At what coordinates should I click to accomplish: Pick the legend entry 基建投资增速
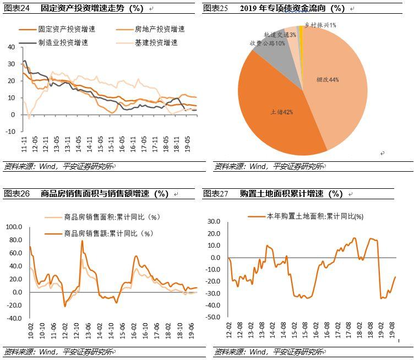(x=156, y=42)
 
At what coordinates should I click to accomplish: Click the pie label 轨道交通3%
(x=280, y=34)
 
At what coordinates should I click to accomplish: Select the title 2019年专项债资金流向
(x=292, y=8)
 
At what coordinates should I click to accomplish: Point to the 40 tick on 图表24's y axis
(x=12, y=47)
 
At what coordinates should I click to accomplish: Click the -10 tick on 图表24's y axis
(x=10, y=132)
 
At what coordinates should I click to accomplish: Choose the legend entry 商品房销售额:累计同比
(x=108, y=233)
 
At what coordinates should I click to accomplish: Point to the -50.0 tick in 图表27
(x=213, y=318)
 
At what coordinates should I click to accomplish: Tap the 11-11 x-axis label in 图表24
(x=24, y=145)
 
